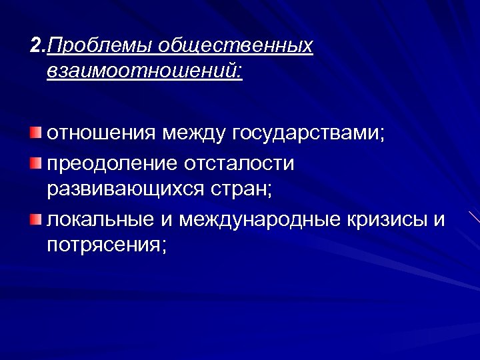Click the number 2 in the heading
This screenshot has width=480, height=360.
(x=35, y=46)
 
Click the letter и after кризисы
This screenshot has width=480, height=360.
(x=439, y=219)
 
